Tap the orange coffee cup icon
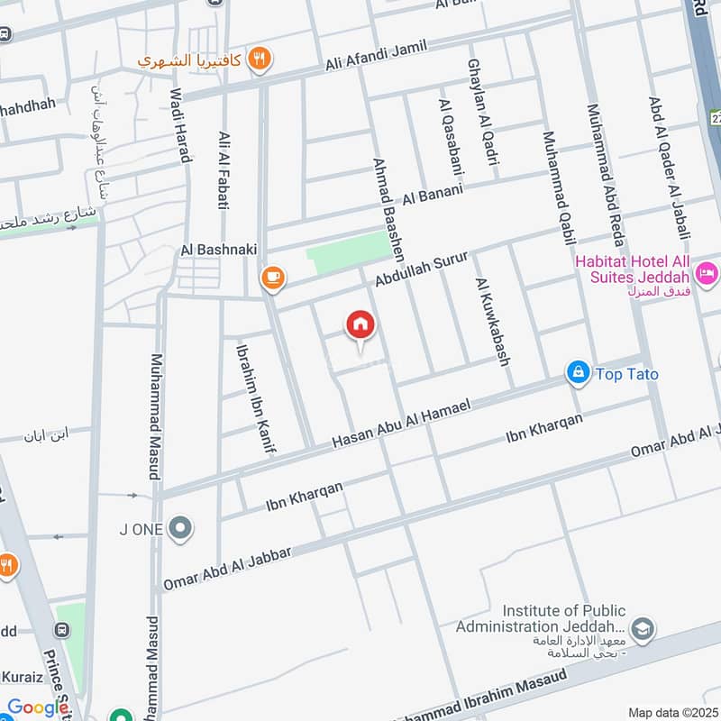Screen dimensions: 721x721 [x=272, y=278]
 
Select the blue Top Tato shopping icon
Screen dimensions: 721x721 [x=578, y=371]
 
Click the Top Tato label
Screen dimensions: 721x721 [x=626, y=373]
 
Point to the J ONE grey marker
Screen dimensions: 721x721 [x=180, y=529]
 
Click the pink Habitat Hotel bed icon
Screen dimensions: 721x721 [x=707, y=270]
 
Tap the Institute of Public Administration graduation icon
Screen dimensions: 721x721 [x=643, y=628]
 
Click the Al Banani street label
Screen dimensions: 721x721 [x=433, y=192]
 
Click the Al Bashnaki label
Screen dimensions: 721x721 [x=213, y=249]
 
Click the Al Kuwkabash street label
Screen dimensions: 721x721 [x=493, y=322]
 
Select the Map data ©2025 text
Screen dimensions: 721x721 [x=671, y=712]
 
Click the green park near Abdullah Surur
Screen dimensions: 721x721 [x=348, y=249]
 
